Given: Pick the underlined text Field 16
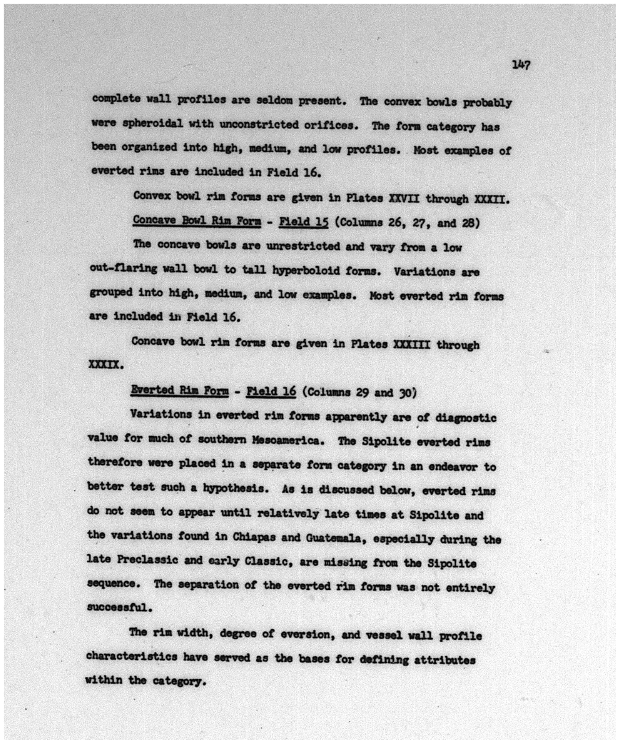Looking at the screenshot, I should (271, 391).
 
